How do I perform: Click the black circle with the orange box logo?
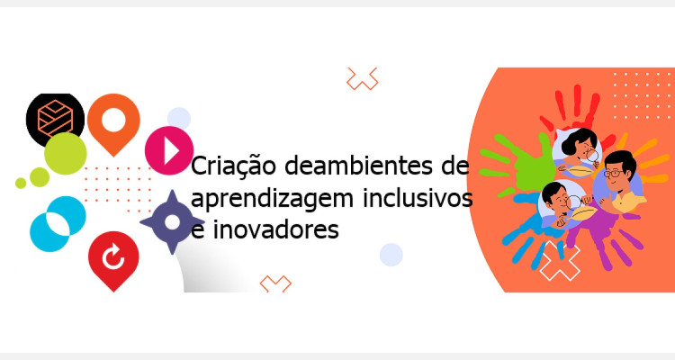tap(55, 116)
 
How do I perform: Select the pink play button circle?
tap(169, 150)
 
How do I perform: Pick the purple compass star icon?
tap(172, 222)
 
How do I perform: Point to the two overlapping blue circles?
tap(58, 224)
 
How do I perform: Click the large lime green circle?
tap(66, 154)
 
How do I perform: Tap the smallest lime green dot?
tap(21, 183)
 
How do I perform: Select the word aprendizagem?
tap(272, 199)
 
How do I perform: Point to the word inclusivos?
tap(418, 198)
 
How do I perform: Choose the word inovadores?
tap(276, 229)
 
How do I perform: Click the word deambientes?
tap(358, 165)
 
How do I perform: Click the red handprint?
tap(572, 114)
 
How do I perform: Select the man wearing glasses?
tap(618, 181)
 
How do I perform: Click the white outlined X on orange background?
tap(560, 260)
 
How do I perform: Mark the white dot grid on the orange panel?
tap(642, 95)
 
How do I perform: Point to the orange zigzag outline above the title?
tap(363, 79)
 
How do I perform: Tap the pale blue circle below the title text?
tap(391, 255)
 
